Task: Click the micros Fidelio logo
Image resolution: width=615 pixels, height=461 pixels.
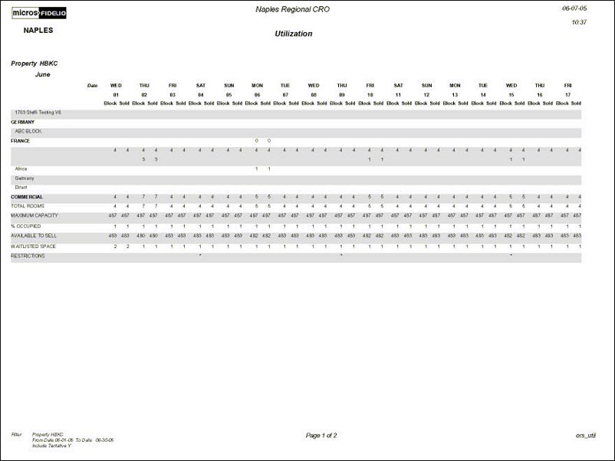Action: pyautogui.click(x=41, y=13)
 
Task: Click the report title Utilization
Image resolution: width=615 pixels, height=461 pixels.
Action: pyautogui.click(x=294, y=34)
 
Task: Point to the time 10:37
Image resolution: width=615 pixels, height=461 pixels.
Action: pyautogui.click(x=579, y=22)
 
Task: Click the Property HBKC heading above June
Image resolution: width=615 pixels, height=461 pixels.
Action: pyautogui.click(x=35, y=64)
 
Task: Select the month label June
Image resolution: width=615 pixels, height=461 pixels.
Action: pyautogui.click(x=43, y=75)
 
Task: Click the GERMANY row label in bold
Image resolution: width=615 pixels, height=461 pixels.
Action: pyautogui.click(x=22, y=122)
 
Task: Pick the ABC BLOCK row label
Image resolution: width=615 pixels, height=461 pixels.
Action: pyautogui.click(x=28, y=131)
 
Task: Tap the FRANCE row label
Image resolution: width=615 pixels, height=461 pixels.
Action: pyautogui.click(x=20, y=141)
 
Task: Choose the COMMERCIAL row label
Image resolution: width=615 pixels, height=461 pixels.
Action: pyautogui.click(x=26, y=197)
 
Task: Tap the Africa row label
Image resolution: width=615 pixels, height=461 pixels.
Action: pyautogui.click(x=21, y=168)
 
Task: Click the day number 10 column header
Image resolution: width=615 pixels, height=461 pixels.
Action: pyautogui.click(x=370, y=94)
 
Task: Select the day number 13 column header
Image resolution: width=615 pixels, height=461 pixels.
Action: pyautogui.click(x=455, y=94)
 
